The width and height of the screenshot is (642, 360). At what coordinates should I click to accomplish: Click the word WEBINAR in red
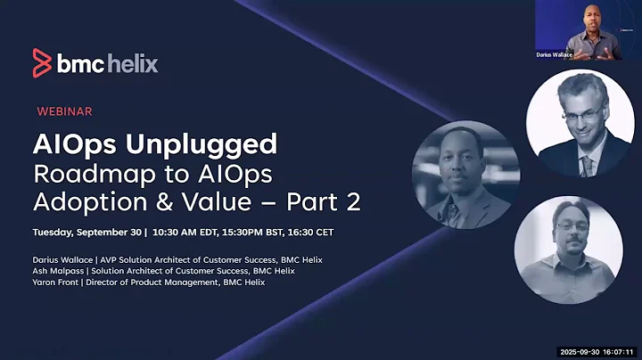click(x=64, y=111)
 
